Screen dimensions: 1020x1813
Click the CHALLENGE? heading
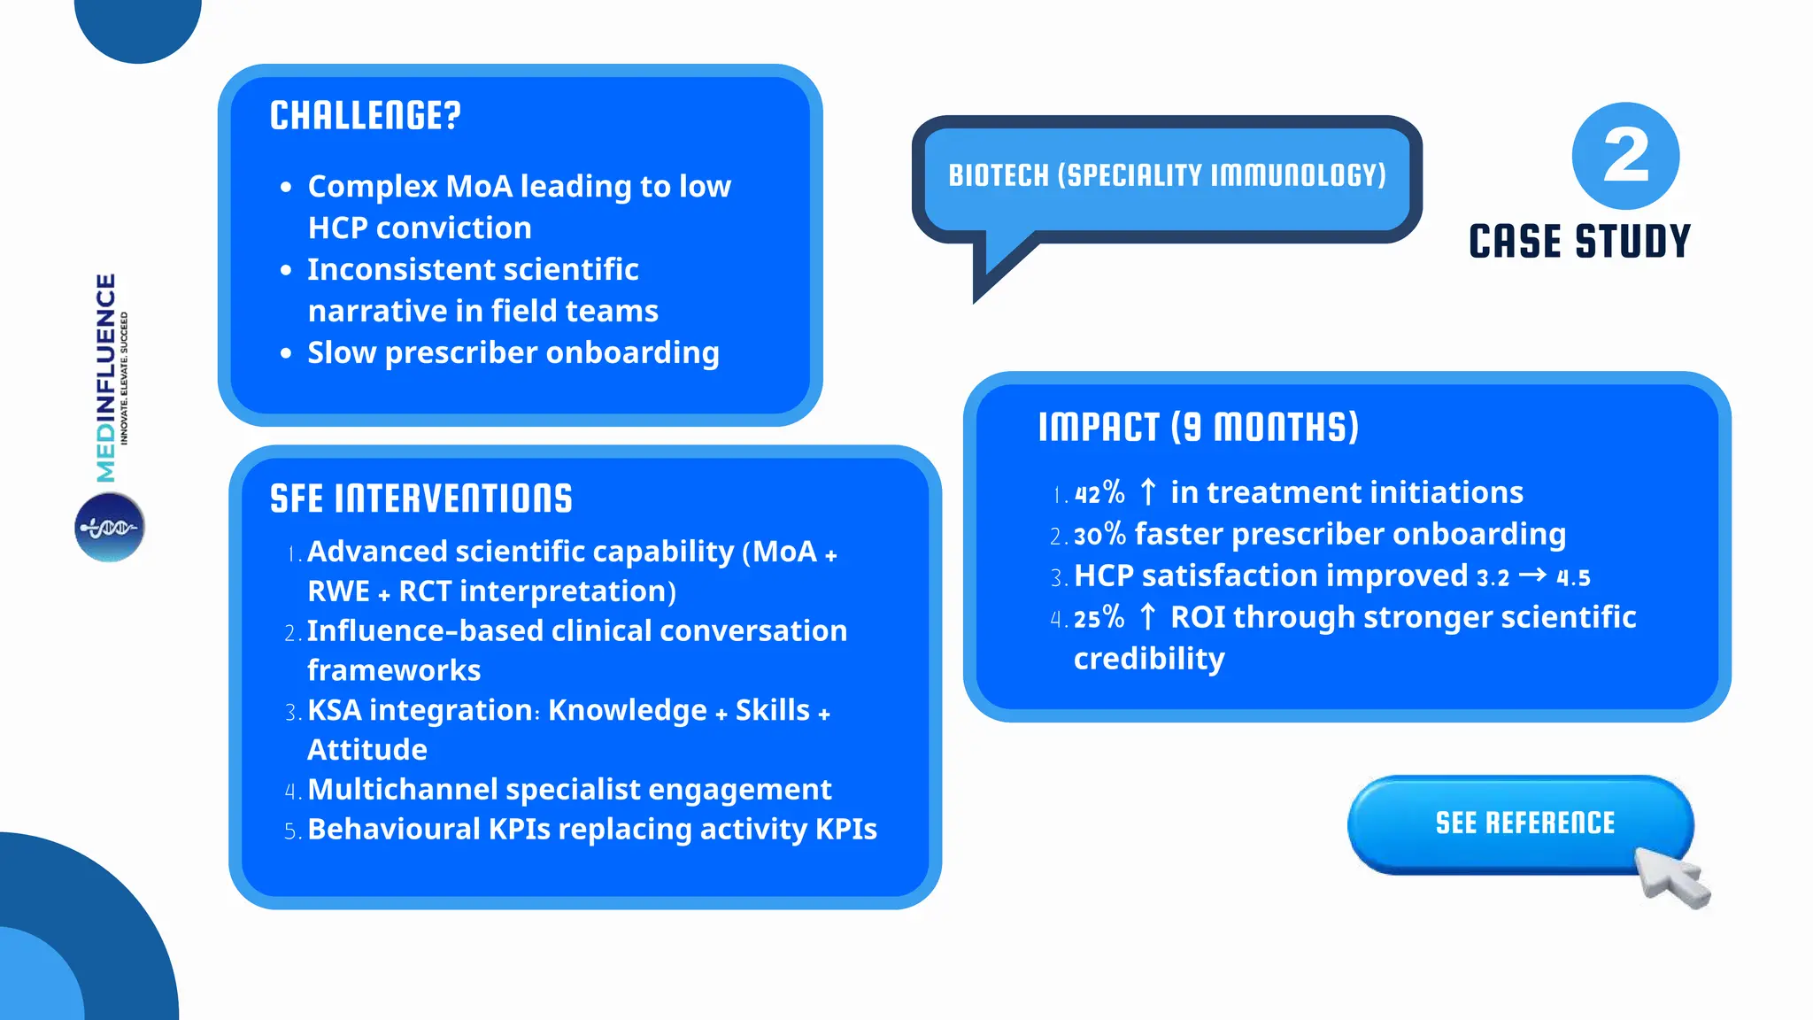pos(365,116)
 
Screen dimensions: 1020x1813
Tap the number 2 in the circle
pos(1625,156)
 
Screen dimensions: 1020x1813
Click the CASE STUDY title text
pos(1579,242)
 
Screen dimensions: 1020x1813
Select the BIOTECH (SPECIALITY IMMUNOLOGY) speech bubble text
pos(1167,175)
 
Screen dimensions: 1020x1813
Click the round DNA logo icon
pos(110,528)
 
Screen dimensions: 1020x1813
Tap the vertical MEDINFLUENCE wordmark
pos(106,378)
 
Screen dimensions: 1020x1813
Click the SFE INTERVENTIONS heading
pos(420,499)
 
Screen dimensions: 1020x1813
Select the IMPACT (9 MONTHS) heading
pos(1198,428)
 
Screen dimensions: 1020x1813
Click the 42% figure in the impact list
pos(1099,492)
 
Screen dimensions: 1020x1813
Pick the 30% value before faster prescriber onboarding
pos(1099,534)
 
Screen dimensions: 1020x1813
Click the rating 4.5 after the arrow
pos(1573,578)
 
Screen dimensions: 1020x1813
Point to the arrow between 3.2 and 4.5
pos(1532,576)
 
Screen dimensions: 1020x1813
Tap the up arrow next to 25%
pos(1148,616)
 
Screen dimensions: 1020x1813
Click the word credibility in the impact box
pos(1149,659)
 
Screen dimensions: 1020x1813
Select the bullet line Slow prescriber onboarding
pos(513,352)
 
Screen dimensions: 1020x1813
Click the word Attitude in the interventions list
pos(367,750)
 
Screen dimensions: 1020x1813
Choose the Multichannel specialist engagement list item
pos(569,789)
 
